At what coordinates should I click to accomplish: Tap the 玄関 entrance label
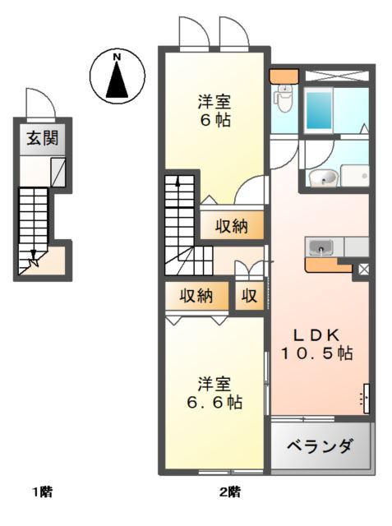(x=34, y=137)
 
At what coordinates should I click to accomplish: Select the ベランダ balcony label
(x=321, y=447)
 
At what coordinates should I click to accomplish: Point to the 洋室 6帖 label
(x=214, y=112)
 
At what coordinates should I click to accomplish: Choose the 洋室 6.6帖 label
(x=214, y=394)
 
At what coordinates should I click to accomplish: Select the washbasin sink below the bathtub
(x=322, y=178)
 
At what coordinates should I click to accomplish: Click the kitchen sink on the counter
(x=319, y=247)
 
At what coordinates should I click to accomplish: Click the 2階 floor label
(x=230, y=493)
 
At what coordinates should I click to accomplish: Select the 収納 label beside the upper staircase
(x=233, y=225)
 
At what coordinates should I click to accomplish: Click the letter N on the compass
(x=117, y=57)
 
